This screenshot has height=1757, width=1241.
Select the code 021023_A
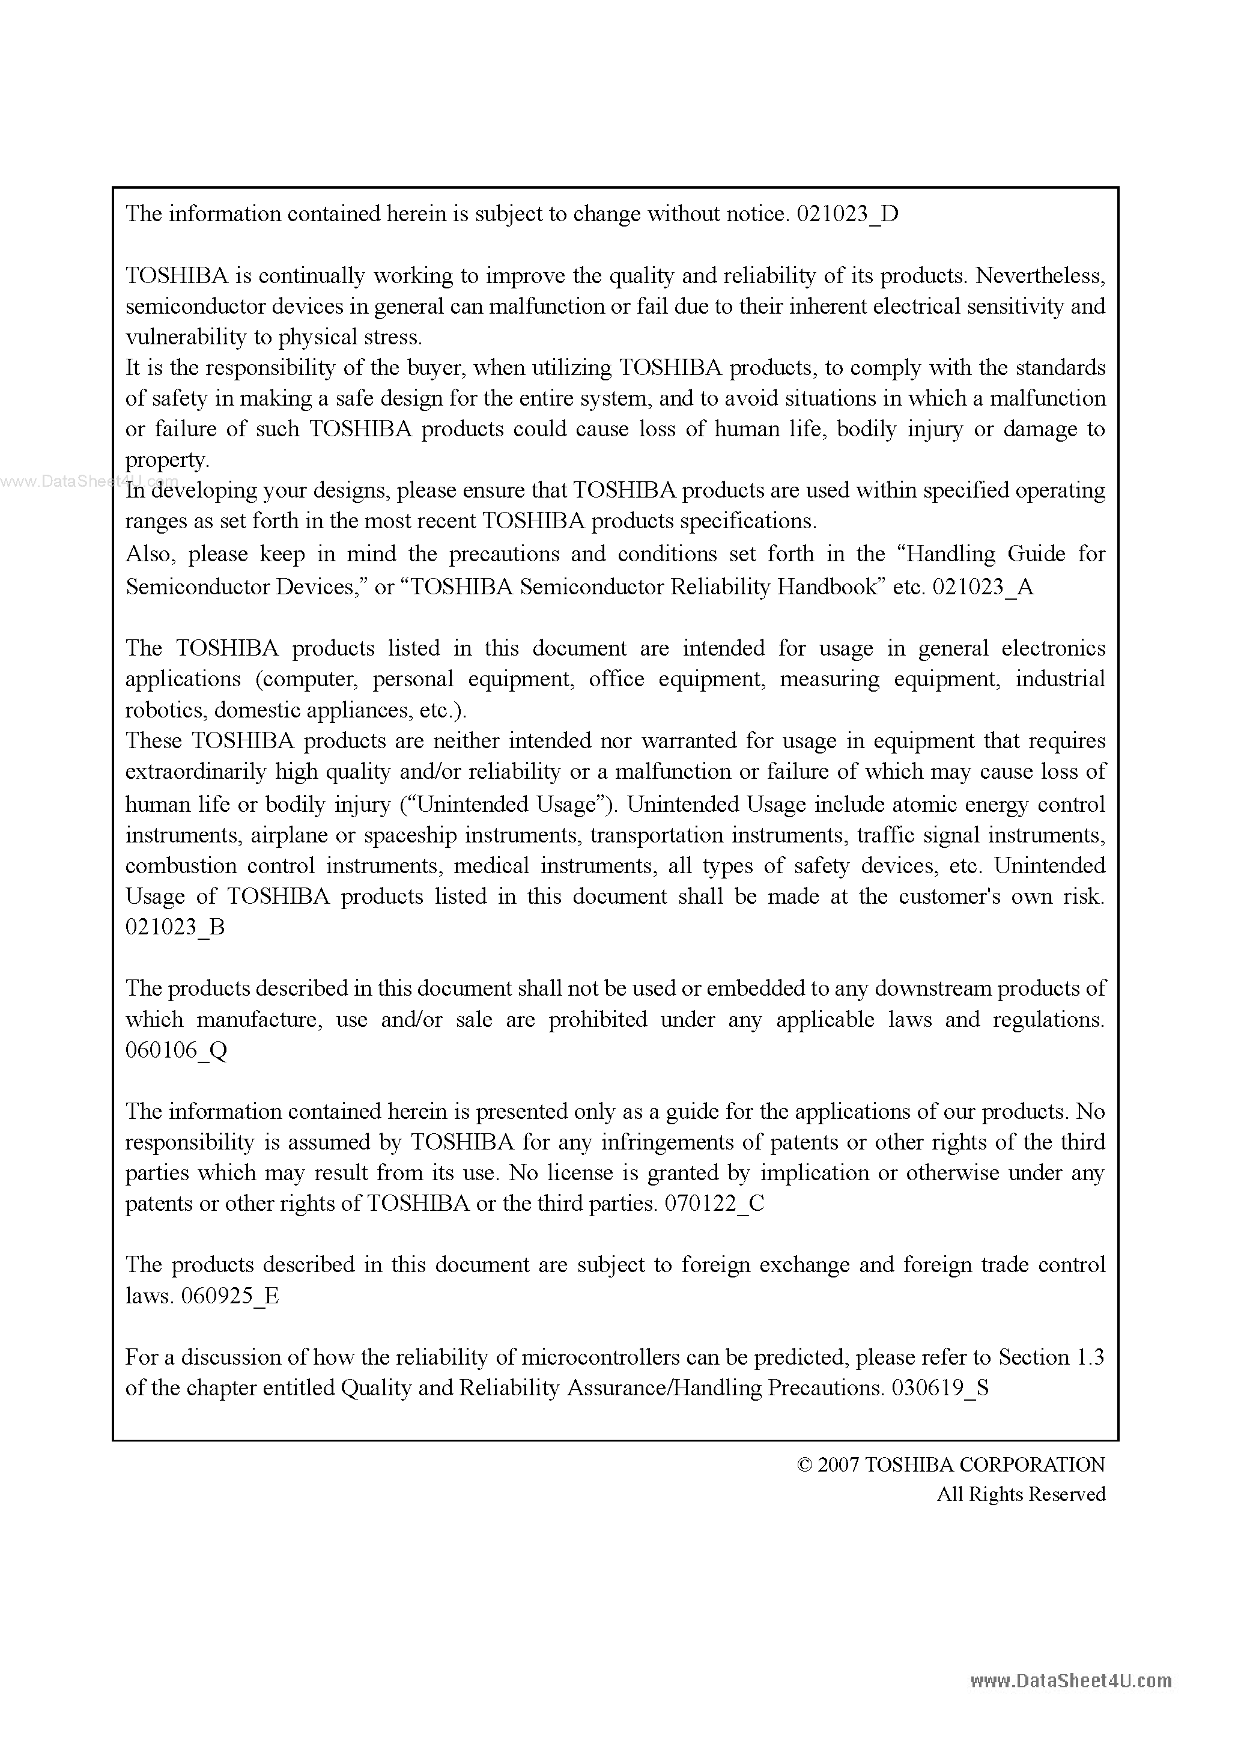click(983, 587)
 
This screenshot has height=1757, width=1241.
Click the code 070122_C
click(714, 1204)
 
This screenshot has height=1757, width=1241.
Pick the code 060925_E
click(229, 1296)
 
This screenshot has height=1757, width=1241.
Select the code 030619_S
click(939, 1388)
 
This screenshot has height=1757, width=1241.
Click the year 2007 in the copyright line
click(839, 1465)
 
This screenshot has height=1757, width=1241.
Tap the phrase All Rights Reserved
click(1021, 1494)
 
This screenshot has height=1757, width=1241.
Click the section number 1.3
click(1090, 1357)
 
